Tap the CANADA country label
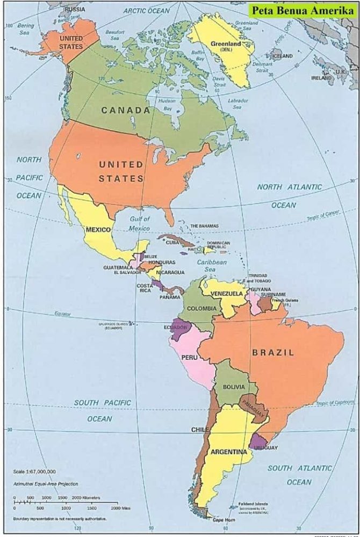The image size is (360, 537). (126, 110)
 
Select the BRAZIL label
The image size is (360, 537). (273, 353)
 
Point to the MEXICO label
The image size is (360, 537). (98, 230)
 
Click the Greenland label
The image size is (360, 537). (226, 44)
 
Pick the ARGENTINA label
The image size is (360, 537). (228, 452)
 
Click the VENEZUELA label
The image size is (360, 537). (226, 294)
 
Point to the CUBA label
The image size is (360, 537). (172, 243)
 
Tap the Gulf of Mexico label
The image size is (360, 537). (140, 223)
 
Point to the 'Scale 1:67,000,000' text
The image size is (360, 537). (34, 471)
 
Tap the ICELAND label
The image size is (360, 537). (283, 56)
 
